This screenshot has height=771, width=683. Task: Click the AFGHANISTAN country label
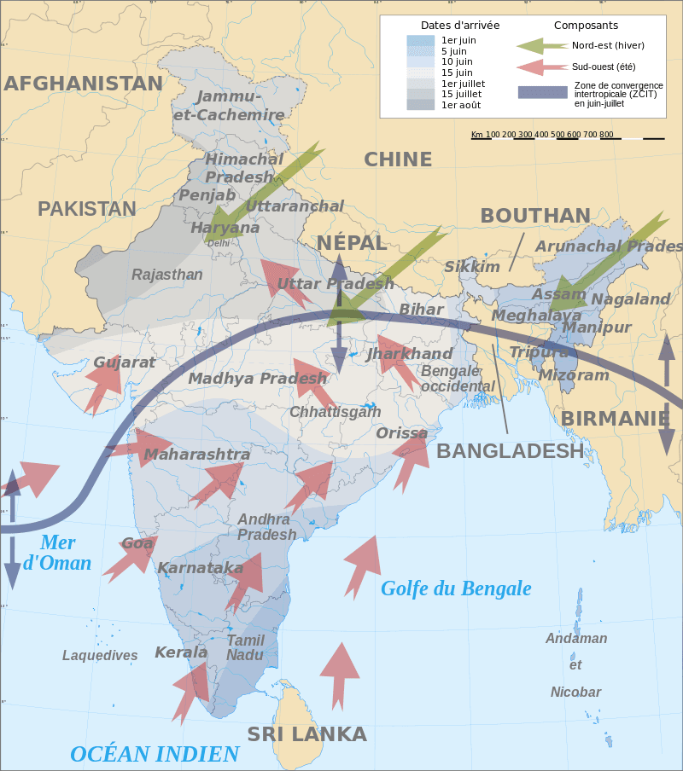pyautogui.click(x=83, y=84)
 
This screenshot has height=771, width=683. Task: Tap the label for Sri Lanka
pyautogui.click(x=306, y=734)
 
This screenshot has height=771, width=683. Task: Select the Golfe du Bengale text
pyautogui.click(x=456, y=588)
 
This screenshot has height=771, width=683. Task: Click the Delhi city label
pyautogui.click(x=219, y=243)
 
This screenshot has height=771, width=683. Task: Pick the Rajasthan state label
pyautogui.click(x=167, y=275)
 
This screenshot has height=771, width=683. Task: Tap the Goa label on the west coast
pyautogui.click(x=137, y=543)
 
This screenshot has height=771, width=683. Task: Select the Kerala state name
pyautogui.click(x=181, y=652)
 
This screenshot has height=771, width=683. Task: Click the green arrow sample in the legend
pyautogui.click(x=542, y=45)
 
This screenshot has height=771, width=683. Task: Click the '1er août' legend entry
pyautogui.click(x=460, y=105)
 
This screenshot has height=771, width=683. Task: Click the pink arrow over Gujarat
pyautogui.click(x=102, y=385)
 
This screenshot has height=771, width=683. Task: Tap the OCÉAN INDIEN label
pyautogui.click(x=155, y=754)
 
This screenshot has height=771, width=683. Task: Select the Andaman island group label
pyautogui.click(x=576, y=639)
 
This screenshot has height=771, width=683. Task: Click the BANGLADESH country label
pyautogui.click(x=510, y=451)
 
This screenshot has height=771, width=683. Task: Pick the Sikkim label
pyautogui.click(x=472, y=267)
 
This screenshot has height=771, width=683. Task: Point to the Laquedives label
pyautogui.click(x=100, y=656)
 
